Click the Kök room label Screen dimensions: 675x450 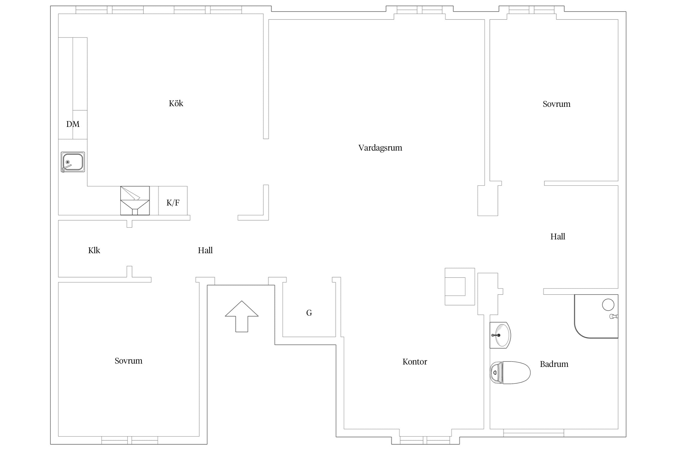point(176,103)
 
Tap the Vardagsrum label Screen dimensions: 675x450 point(380,148)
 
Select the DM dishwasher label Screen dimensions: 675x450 point(73,124)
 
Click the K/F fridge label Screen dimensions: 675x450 point(173,203)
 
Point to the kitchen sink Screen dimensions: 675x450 point(73,162)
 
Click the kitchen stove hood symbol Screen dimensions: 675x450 point(135,200)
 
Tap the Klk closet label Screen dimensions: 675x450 point(94,250)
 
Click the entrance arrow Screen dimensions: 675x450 point(241,316)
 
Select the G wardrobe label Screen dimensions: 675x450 point(309,313)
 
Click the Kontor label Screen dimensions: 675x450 point(415,362)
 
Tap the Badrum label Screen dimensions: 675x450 point(554,364)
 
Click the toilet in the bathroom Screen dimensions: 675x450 point(510,373)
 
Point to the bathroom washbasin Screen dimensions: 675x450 point(500,335)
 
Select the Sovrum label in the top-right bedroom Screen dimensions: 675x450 point(556,104)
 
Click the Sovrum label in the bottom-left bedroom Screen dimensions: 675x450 point(128,361)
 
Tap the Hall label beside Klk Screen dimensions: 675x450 point(205,250)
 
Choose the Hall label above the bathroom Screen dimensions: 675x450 point(558,237)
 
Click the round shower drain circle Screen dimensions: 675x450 point(608,305)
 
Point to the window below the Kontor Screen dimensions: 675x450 point(425,440)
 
